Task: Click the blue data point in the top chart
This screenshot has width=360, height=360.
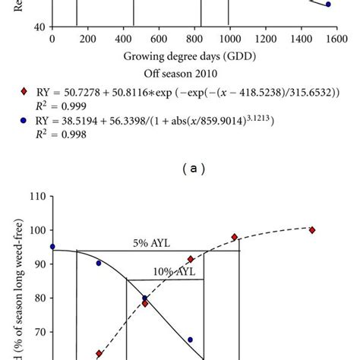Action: (328, 5)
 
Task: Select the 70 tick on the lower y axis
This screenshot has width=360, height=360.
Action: (36, 332)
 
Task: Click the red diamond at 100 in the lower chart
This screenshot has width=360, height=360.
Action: (312, 230)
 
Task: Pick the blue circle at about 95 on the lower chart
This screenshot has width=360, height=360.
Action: (52, 246)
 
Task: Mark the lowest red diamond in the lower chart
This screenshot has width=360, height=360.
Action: (99, 354)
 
